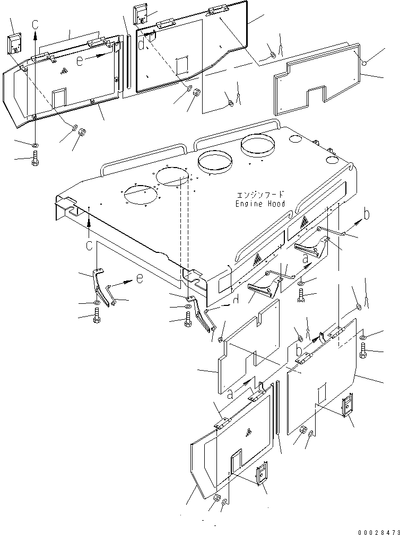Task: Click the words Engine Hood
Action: point(260,204)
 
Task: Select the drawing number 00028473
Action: point(376,531)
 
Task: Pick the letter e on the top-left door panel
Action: point(80,61)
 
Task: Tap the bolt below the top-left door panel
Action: point(34,157)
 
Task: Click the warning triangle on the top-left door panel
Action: point(64,70)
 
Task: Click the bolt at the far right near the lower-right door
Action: point(363,350)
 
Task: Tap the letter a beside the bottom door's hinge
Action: point(230,393)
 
